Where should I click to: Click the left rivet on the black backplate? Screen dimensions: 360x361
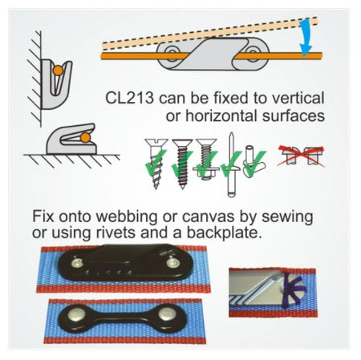[77, 313]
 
